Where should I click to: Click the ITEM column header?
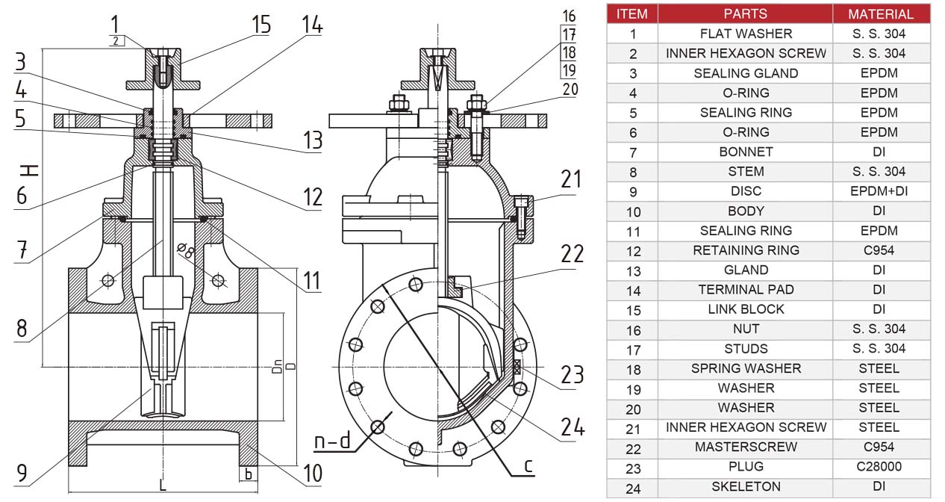coord(632,13)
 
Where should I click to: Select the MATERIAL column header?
coord(880,13)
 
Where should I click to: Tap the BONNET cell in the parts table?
coord(746,152)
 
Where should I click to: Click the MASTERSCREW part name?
coord(746,447)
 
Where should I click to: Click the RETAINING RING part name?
coord(746,250)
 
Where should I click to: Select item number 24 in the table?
coord(632,487)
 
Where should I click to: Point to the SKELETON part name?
coord(746,487)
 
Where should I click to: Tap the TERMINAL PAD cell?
coord(746,290)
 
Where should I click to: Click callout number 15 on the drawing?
coord(261,24)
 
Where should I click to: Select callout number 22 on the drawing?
coord(573,254)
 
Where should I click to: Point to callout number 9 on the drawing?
coord(22,473)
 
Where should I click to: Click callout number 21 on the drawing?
coord(571,179)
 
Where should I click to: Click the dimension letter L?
coord(163,485)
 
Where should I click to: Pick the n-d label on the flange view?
coord(332,441)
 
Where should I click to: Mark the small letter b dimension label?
coord(249,474)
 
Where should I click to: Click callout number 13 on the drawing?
coord(312,140)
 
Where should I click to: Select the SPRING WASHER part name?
coord(746,368)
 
